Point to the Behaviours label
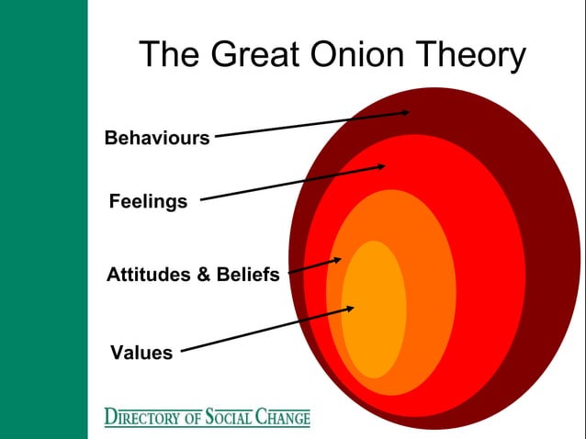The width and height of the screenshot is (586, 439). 157,139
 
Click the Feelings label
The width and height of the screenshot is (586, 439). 148,201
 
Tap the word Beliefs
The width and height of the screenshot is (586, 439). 248,275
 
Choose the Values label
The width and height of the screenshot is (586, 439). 141,352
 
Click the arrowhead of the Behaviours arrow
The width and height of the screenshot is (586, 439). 405,112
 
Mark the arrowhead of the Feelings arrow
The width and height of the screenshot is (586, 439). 381,166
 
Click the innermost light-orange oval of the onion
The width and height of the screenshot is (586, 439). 374,312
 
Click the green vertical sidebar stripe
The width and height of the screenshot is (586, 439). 43,219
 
